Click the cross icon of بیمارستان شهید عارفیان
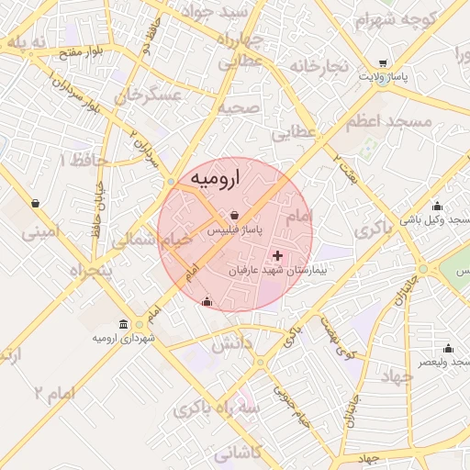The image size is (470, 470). pos(278,254)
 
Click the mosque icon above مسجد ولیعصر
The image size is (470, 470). pos(448,348)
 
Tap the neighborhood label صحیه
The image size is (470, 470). pos(238,108)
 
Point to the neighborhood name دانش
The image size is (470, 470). pos(232,347)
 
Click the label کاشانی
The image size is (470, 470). pos(238,453)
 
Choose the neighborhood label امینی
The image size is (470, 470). pos(45,233)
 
